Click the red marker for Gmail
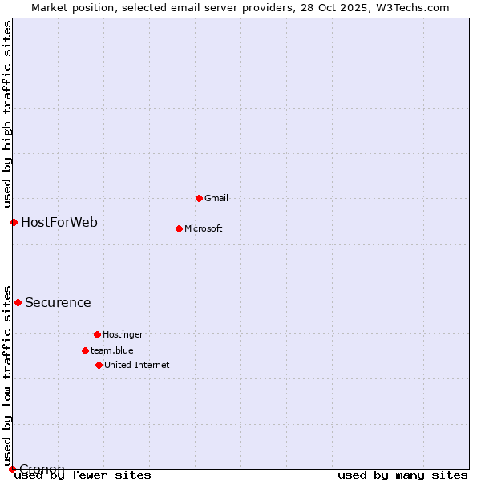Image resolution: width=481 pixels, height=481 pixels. coord(199,198)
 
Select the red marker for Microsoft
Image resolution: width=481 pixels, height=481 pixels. coord(179,228)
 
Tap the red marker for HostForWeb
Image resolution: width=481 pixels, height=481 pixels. coord(14,222)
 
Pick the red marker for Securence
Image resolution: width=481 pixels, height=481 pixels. coord(18,302)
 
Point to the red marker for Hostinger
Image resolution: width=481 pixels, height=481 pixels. coord(97,334)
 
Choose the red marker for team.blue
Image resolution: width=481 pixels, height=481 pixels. coord(85,350)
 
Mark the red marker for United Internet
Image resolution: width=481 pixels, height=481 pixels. coord(99,365)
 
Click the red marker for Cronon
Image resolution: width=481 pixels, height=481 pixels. coord(12,469)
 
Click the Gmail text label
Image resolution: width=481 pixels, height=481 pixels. coord(216,198)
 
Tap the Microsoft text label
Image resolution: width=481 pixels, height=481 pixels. coord(204,228)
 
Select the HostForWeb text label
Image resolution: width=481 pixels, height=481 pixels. coord(59,222)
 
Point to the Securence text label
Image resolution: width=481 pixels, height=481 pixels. coord(58,302)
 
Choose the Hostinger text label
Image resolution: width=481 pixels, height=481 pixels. coord(123,334)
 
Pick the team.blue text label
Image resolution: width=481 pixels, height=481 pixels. coord(112,350)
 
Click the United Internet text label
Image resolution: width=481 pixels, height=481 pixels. coord(137,365)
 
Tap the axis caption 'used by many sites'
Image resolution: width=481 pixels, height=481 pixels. coord(402,475)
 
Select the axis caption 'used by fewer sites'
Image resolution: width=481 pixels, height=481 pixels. coord(83,475)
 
